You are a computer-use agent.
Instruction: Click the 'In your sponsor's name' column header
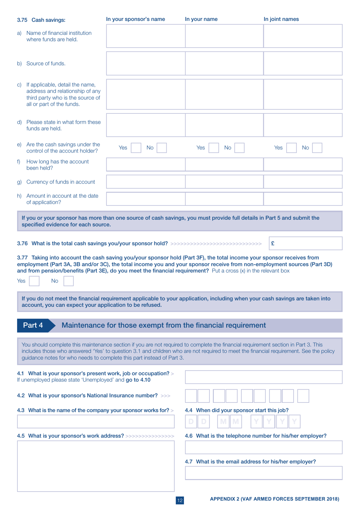135,19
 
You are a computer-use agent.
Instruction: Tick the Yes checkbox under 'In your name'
214,148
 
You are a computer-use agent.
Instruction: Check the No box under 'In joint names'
317,148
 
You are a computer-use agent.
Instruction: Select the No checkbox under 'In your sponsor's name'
162,148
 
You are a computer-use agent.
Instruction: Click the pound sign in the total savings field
273,244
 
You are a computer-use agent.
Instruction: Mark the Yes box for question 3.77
34,281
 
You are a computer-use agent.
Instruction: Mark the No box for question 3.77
69,281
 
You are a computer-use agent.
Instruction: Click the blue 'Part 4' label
33,325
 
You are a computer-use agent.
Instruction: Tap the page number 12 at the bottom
180,500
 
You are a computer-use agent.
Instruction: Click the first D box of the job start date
191,421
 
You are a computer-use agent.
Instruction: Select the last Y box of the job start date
294,421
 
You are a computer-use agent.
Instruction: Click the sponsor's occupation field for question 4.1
263,377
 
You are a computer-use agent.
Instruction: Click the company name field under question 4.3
95,421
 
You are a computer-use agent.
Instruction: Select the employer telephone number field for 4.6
263,447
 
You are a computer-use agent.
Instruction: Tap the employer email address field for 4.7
263,473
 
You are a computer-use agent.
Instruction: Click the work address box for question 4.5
95,466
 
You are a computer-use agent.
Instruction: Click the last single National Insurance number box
303,396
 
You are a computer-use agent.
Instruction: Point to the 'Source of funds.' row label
46,64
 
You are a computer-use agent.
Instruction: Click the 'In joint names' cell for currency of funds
303,182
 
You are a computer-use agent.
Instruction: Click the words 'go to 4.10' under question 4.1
138,380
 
